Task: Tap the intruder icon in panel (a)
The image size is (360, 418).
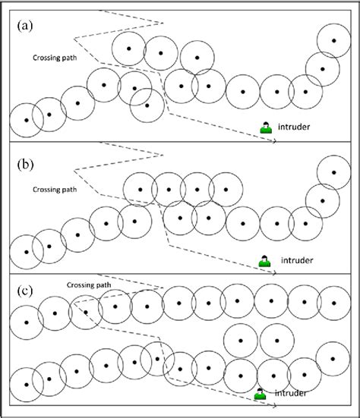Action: pos(266,127)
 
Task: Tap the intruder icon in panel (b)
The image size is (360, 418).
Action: pos(264,260)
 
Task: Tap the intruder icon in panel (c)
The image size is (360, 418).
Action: pos(261,394)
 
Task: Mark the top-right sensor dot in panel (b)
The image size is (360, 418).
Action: pos(333,173)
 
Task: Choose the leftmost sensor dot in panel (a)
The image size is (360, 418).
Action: pos(27,120)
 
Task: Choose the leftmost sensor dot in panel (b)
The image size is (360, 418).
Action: pos(27,251)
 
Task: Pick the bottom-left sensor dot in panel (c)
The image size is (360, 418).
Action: pos(27,385)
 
